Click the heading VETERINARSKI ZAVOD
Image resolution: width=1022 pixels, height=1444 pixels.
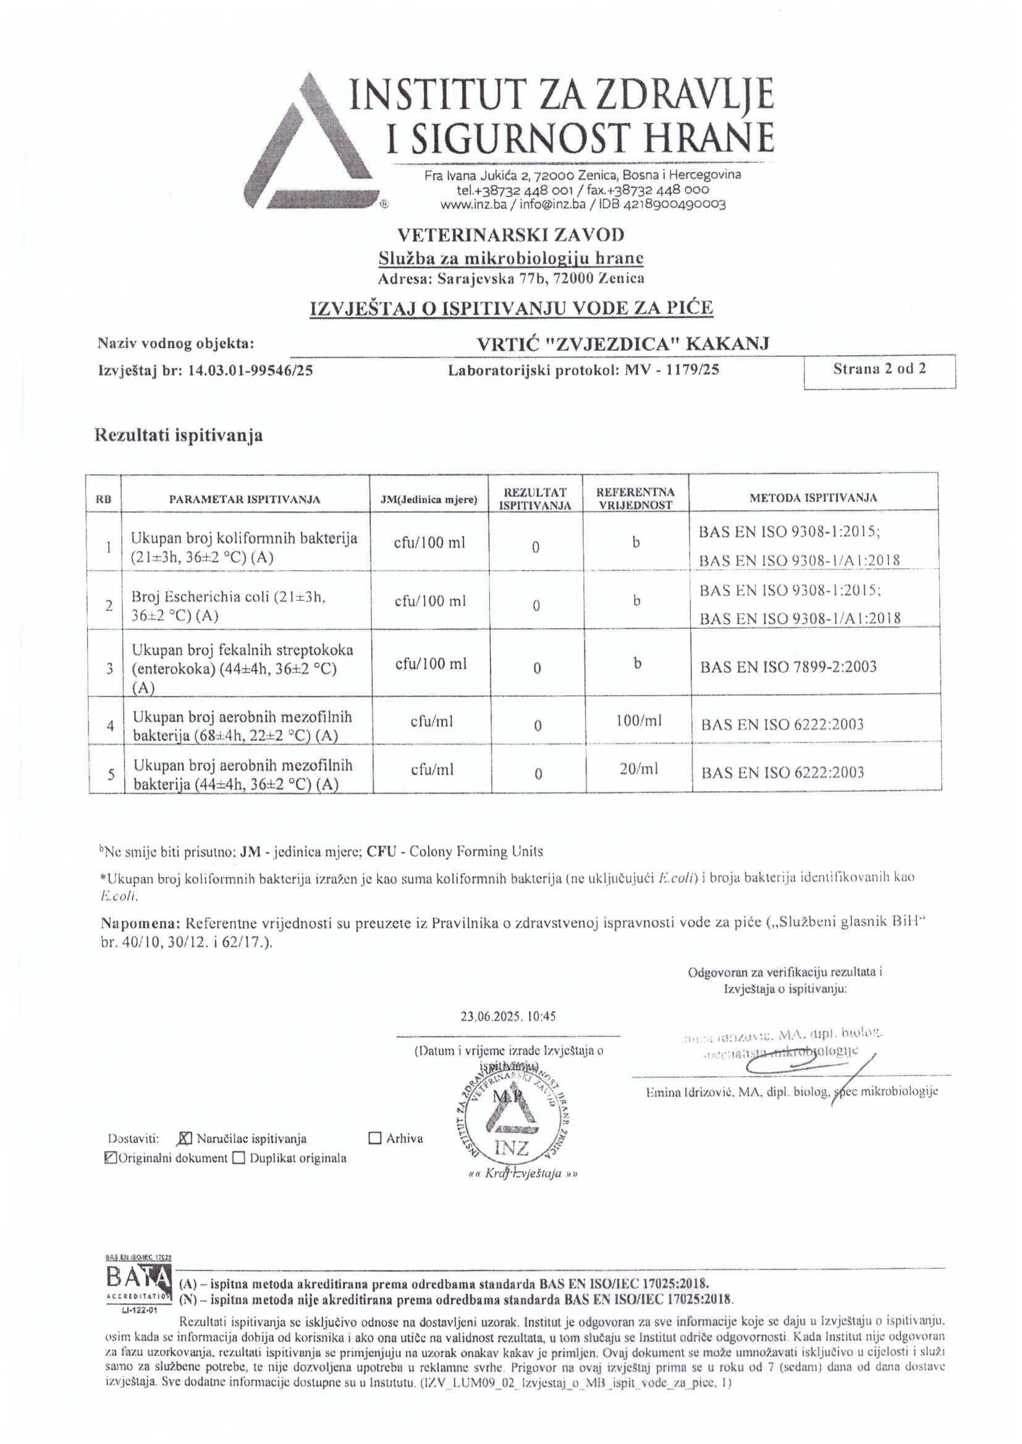click(x=510, y=235)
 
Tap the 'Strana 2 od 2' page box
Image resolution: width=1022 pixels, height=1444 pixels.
click(x=879, y=369)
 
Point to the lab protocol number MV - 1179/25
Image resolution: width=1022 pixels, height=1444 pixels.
click(x=672, y=370)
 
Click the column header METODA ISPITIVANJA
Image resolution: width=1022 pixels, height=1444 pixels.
click(x=813, y=497)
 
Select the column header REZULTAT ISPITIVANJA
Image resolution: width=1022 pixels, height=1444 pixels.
click(x=535, y=498)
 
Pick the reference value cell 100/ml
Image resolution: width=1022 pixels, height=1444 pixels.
click(x=639, y=721)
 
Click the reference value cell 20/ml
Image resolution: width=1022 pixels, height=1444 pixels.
click(x=639, y=768)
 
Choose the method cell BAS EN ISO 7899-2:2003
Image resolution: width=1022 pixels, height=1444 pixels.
click(x=788, y=666)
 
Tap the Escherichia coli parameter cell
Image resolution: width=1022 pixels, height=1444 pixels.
click(x=228, y=606)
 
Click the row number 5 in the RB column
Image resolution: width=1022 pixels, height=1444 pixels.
click(x=111, y=774)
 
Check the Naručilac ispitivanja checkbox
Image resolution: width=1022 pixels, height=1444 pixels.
click(x=185, y=1138)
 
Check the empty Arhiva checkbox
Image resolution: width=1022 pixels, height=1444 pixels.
click(x=375, y=1138)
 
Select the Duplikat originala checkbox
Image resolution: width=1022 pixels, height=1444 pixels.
click(x=239, y=1158)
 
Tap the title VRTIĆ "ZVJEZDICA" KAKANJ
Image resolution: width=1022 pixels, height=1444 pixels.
click(x=622, y=343)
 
